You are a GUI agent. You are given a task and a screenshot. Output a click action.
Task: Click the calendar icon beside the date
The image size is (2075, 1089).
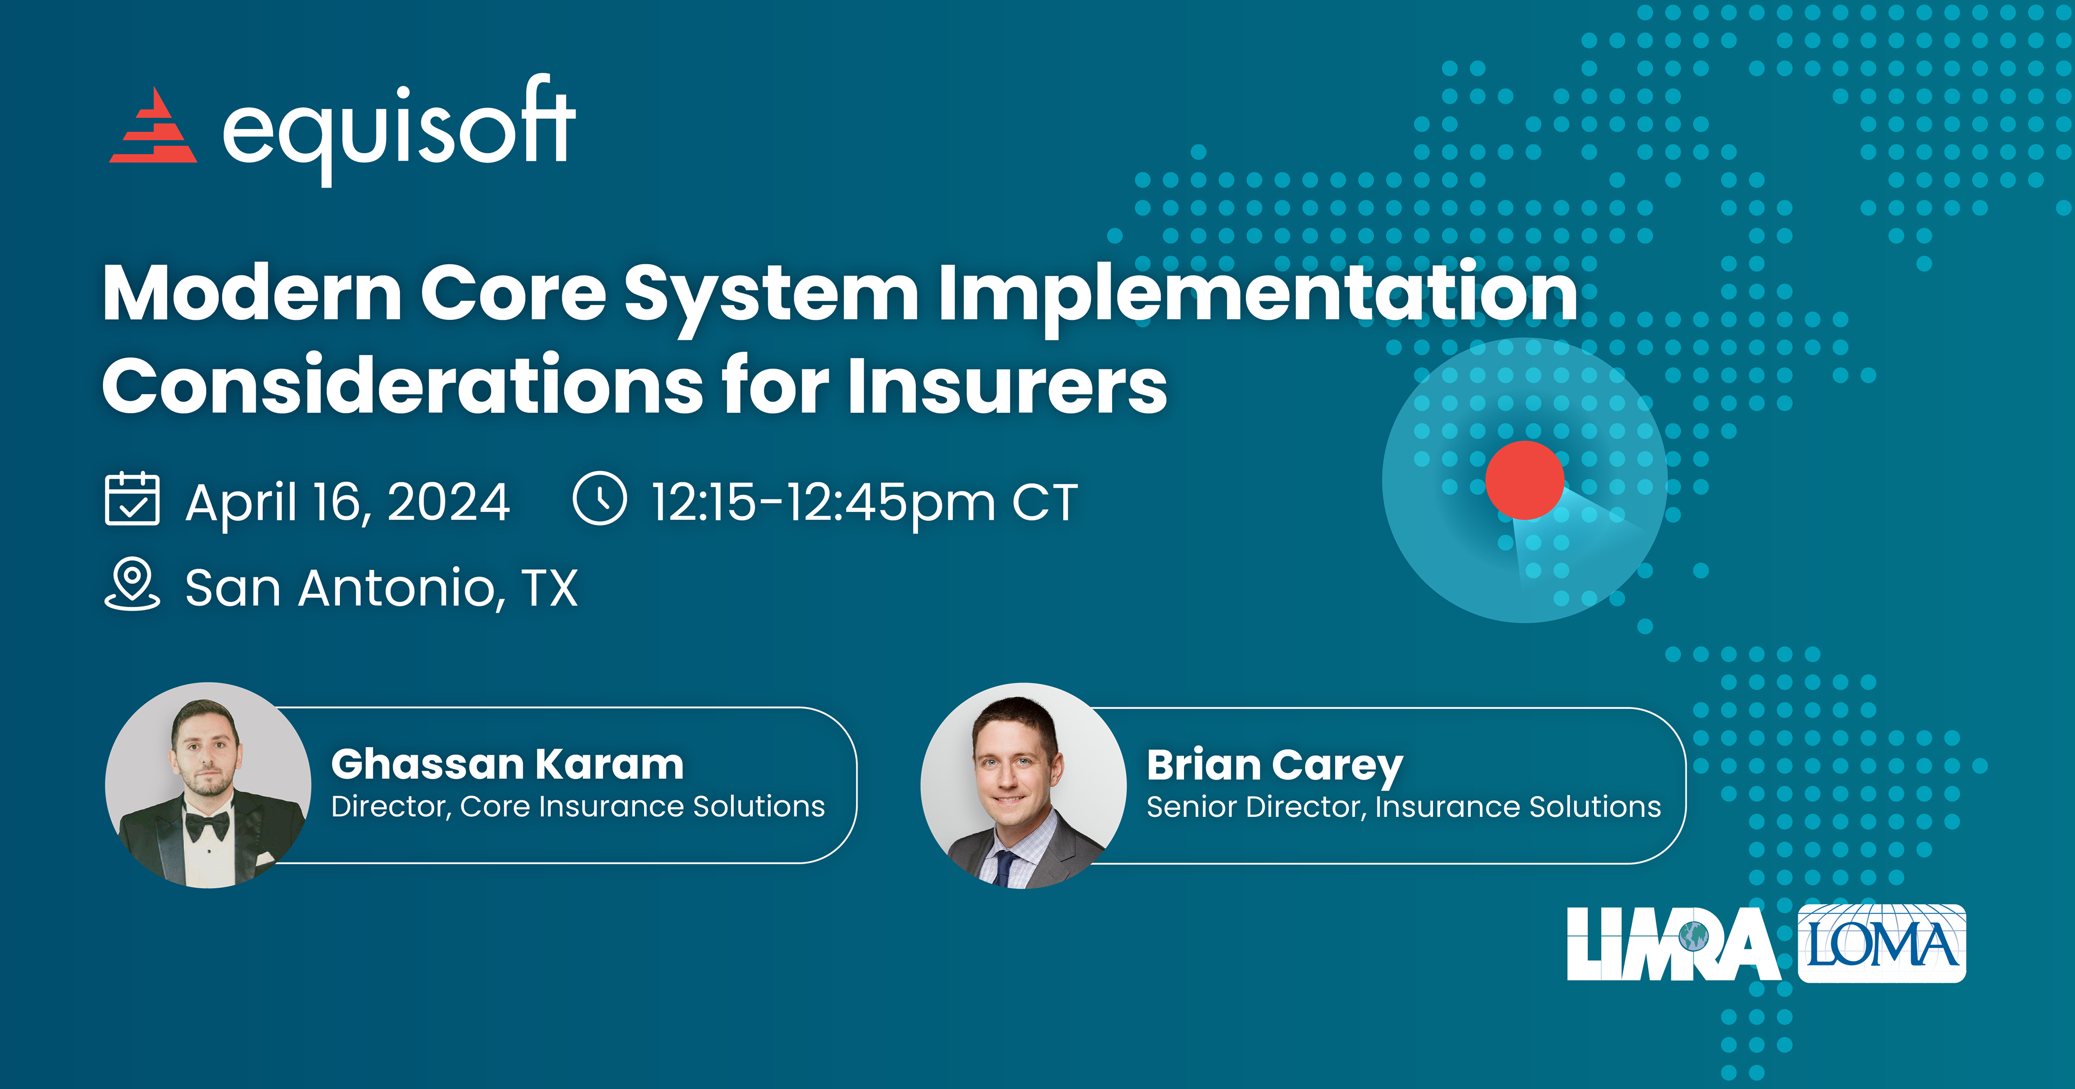(x=132, y=499)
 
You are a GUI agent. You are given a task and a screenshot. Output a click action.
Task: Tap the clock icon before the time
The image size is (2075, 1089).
(x=599, y=499)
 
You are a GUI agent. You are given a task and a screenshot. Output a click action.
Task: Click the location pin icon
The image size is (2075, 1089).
(x=132, y=585)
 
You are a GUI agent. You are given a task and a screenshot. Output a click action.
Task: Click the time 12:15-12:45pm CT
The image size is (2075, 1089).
(x=865, y=502)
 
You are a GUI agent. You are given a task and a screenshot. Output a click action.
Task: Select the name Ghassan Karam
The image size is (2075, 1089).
(x=507, y=764)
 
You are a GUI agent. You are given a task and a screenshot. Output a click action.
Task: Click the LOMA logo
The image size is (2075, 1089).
(x=1882, y=944)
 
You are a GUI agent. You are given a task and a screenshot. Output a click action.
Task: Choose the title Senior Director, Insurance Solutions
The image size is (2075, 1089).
(x=1404, y=807)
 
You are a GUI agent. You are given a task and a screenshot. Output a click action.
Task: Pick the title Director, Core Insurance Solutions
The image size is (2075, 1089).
(x=578, y=807)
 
